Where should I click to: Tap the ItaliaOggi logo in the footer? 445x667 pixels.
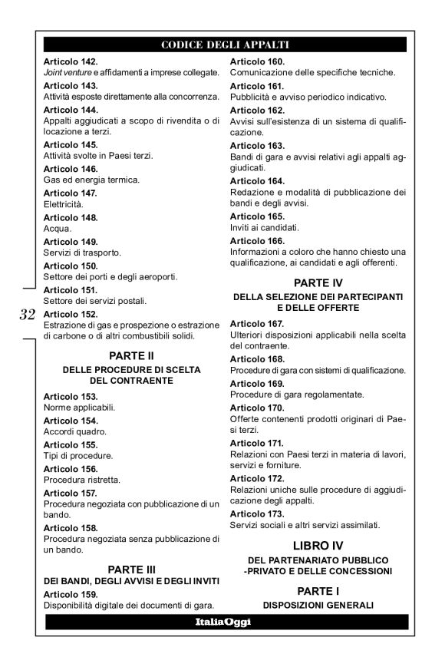click(222, 622)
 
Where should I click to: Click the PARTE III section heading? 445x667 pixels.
click(130, 569)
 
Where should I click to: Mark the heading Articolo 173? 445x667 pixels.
click(258, 513)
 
